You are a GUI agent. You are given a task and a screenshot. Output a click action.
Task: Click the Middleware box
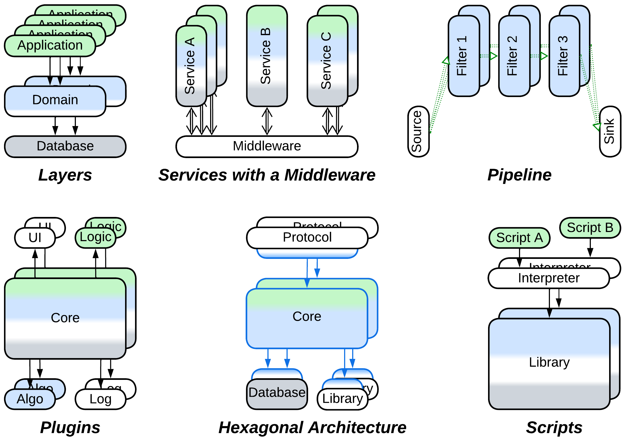pos(267,146)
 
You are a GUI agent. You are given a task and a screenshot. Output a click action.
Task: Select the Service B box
pos(267,56)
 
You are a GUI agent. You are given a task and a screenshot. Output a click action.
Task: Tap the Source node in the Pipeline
pos(418,131)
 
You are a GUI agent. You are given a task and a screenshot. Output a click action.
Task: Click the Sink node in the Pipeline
pos(610,131)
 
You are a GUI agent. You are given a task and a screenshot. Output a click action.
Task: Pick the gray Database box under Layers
pos(65,146)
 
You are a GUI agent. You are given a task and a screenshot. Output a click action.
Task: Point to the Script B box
pos(590,228)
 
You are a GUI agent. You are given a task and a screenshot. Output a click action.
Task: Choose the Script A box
pos(519,238)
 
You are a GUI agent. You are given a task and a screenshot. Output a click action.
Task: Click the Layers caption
pos(65,175)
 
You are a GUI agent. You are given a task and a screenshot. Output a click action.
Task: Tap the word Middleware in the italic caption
pos(330,175)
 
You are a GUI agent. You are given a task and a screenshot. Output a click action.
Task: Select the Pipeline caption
pos(519,175)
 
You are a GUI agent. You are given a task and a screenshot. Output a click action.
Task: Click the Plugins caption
pos(70,427)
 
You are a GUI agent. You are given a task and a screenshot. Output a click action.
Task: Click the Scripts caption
pos(554,427)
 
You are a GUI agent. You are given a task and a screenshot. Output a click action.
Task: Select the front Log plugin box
pos(100,399)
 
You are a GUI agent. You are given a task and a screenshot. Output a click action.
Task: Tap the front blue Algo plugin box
pos(30,399)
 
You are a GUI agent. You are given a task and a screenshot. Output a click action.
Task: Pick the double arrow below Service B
pos(267,121)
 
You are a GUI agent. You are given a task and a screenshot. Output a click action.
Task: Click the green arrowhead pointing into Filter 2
pos(493,56)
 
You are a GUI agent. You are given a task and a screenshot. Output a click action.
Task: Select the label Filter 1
pos(462,56)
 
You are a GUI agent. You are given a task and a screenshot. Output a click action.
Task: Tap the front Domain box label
pos(55,100)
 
